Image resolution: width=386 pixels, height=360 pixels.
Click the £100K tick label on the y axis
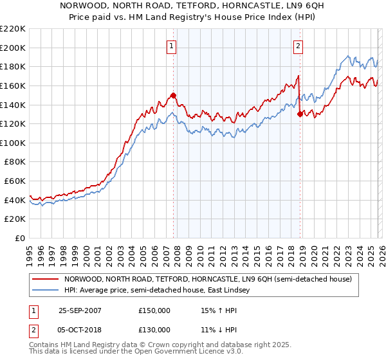(13, 143)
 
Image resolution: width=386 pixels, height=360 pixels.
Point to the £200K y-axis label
(13, 48)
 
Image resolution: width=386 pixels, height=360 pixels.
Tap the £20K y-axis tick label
(15, 219)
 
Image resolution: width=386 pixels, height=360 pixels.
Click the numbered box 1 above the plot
(172, 46)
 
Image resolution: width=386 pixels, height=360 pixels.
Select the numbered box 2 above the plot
(299, 46)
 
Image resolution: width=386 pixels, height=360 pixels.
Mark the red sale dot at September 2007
(173, 95)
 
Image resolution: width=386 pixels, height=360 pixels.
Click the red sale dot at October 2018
(300, 114)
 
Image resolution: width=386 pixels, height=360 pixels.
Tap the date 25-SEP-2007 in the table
(80, 310)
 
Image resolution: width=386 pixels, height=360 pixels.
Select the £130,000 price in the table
(154, 329)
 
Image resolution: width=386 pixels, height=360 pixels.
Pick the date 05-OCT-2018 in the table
(80, 329)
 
